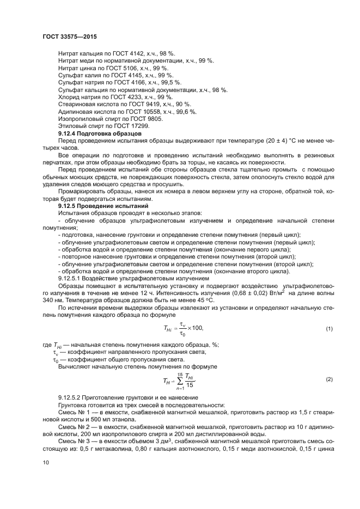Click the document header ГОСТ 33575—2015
pos(68,36)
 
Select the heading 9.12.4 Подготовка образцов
pos(100,133)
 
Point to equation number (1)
pos(329,329)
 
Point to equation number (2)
pos(329,378)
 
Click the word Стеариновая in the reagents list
pos(77,104)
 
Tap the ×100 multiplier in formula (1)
pos(196,329)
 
